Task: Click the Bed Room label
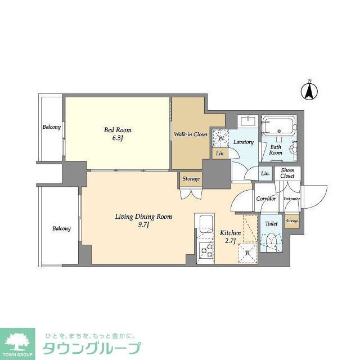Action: click(x=118, y=134)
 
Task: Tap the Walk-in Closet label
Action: click(x=190, y=134)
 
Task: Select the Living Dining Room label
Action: click(x=143, y=220)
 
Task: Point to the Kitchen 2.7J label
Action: click(x=230, y=237)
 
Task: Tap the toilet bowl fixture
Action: click(x=271, y=241)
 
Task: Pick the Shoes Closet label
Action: click(x=287, y=173)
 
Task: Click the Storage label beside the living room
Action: click(x=191, y=179)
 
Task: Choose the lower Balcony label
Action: click(x=61, y=229)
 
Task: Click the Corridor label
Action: click(x=265, y=199)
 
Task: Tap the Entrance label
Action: click(x=291, y=199)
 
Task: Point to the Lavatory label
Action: click(x=244, y=142)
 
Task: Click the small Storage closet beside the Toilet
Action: click(x=291, y=221)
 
